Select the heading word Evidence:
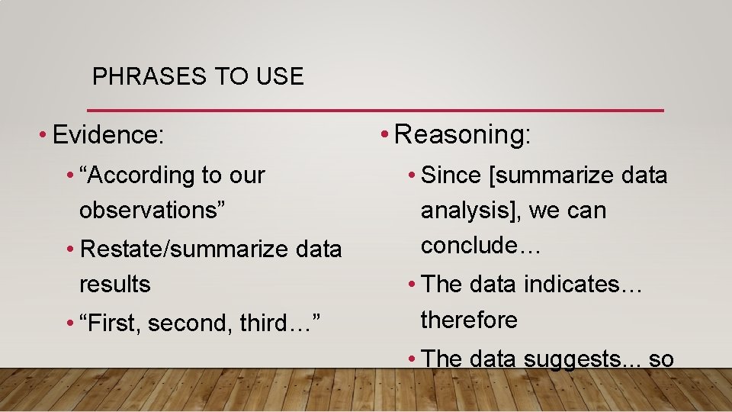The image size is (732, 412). click(108, 136)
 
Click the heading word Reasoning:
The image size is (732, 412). click(464, 135)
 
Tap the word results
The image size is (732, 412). click(115, 285)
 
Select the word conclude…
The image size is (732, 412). click(470, 245)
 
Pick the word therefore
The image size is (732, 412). click(469, 320)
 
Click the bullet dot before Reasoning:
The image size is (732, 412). click(385, 135)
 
